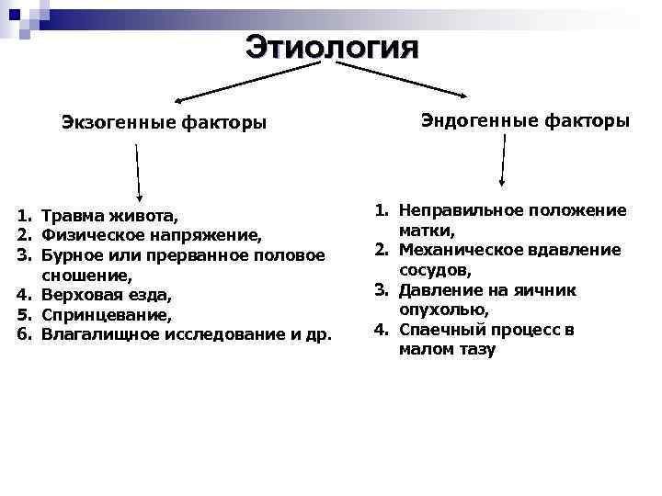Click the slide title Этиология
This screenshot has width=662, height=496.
pyautogui.click(x=331, y=47)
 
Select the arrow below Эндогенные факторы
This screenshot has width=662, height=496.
pyautogui.click(x=503, y=162)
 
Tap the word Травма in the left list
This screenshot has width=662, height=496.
pyautogui.click(x=74, y=217)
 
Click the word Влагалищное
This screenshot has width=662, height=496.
pyautogui.click(x=101, y=333)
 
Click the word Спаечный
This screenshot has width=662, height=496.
pyautogui.click(x=438, y=330)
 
